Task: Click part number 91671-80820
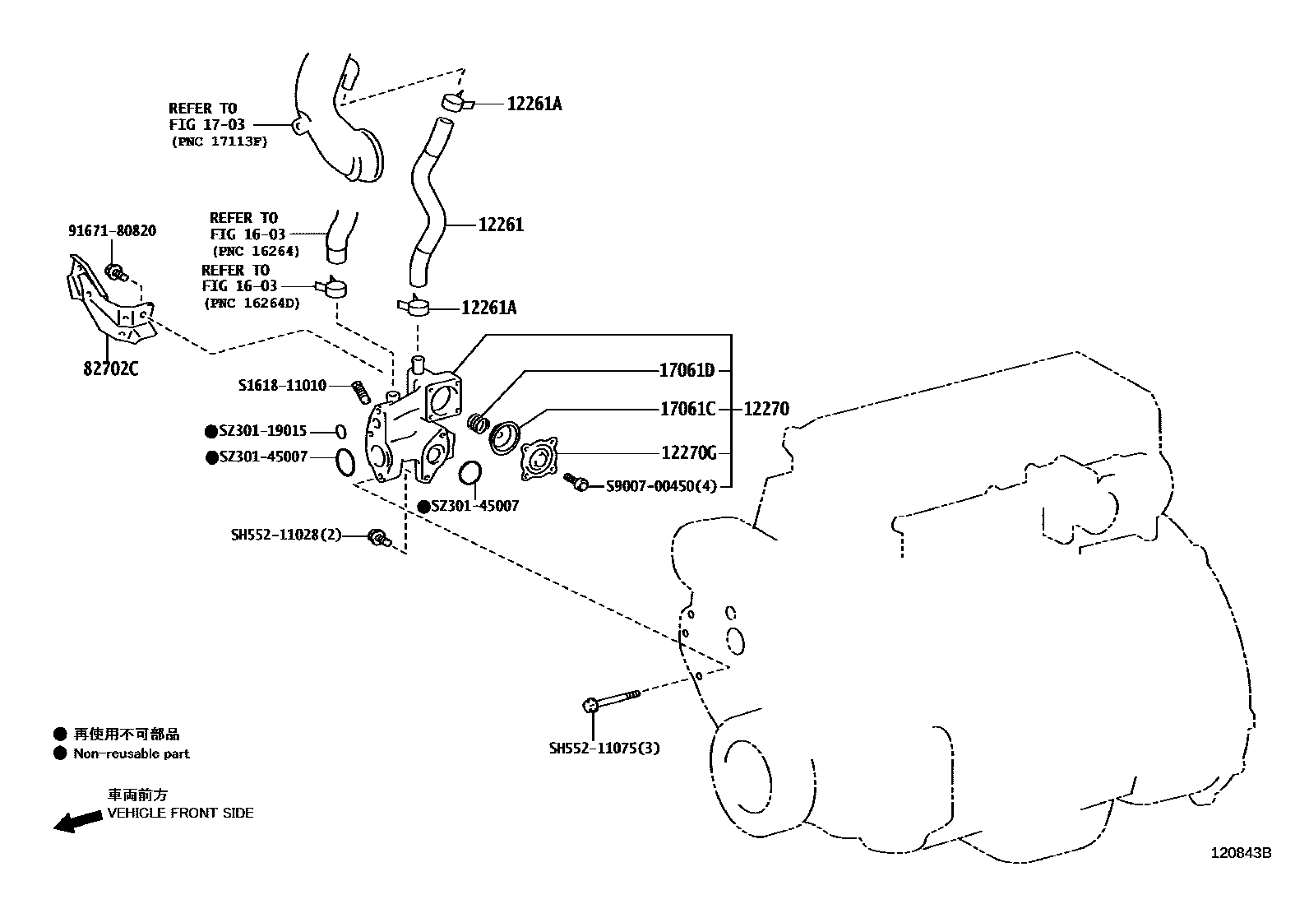tap(112, 231)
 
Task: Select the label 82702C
tap(109, 369)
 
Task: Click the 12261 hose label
tap(501, 225)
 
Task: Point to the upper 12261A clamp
tap(456, 102)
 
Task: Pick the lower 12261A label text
tap(489, 308)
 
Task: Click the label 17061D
tap(687, 370)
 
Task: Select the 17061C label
tap(687, 409)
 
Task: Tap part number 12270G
tap(689, 453)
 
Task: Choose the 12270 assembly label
tap(766, 409)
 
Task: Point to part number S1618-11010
tap(282, 385)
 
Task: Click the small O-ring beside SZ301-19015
tap(340, 430)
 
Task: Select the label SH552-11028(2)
tap(285, 535)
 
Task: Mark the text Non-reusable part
tap(132, 753)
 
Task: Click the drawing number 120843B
tap(1240, 853)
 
